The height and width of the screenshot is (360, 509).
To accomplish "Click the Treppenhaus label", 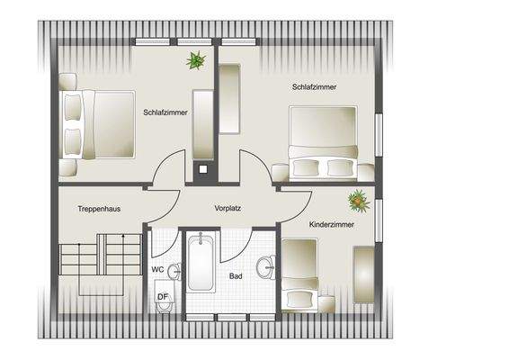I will tap(99, 209).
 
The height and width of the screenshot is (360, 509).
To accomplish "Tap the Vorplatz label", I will tap(228, 208).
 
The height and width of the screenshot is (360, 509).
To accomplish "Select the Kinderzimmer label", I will tap(331, 223).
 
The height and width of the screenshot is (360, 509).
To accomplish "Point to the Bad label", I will tap(236, 276).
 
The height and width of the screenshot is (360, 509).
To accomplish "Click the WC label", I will tap(157, 269).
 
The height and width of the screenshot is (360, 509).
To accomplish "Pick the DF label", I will tap(162, 295).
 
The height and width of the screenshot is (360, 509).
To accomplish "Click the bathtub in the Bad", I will tap(200, 262).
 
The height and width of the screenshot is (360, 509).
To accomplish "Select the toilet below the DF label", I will tap(164, 307).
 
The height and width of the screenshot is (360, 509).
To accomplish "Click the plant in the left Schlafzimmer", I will tap(195, 60).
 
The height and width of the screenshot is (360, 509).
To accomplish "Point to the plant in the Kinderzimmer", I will tap(359, 200).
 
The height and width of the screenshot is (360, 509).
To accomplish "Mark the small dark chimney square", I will tap(202, 167).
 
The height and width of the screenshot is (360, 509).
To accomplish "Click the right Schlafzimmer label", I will tap(312, 86).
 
